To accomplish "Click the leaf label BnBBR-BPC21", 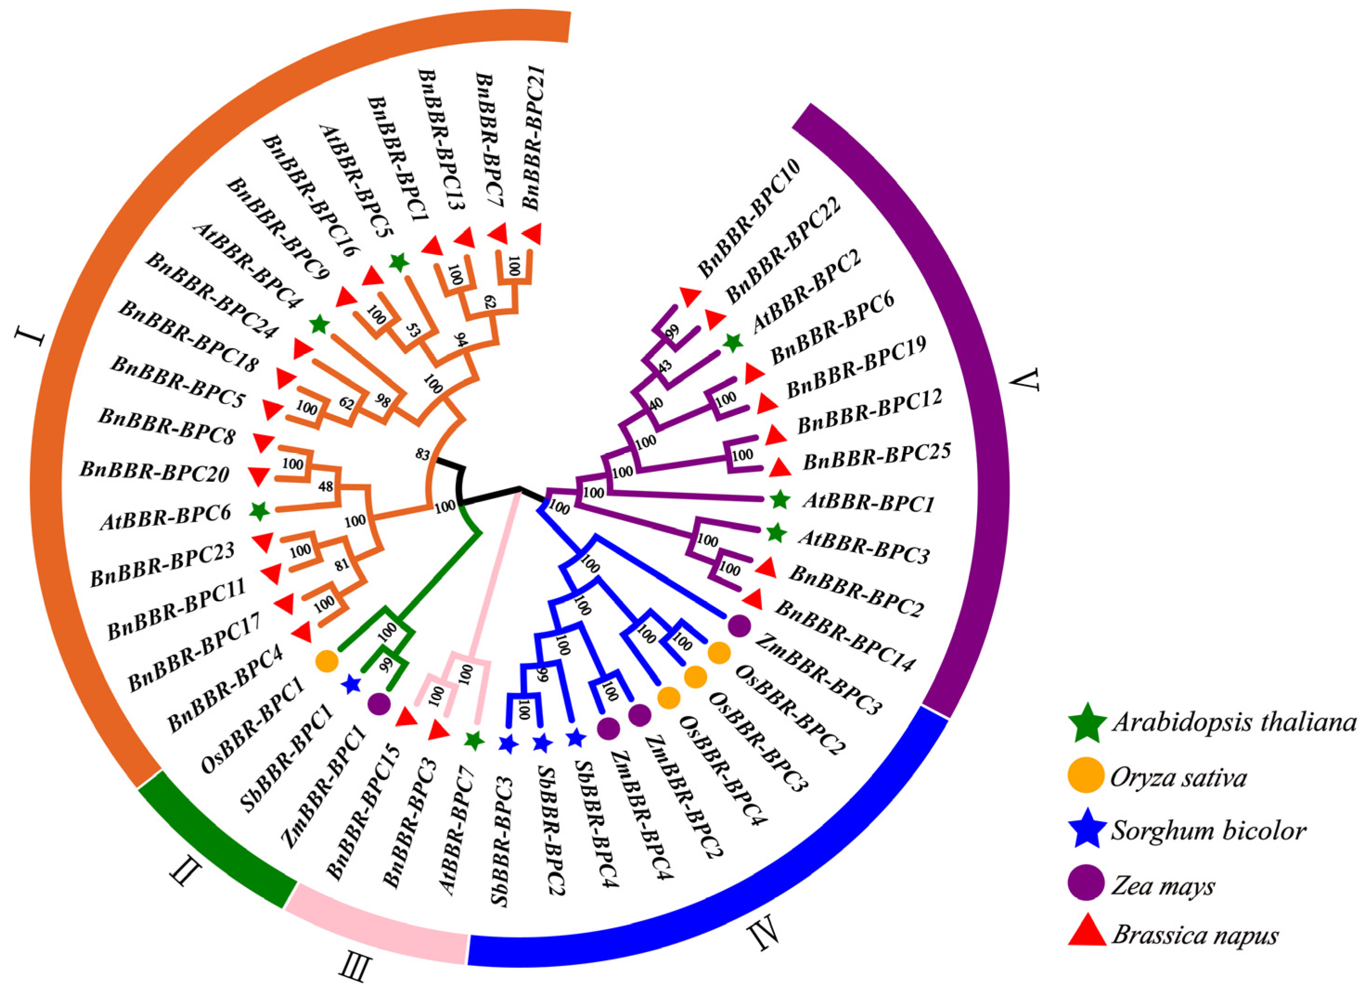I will pyautogui.click(x=536, y=138).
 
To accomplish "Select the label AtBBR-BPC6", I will pyautogui.click(x=166, y=517).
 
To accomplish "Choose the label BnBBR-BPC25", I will pyautogui.click(x=876, y=457).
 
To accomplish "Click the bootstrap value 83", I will pyautogui.click(x=422, y=453).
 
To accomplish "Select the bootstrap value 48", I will pyautogui.click(x=325, y=486).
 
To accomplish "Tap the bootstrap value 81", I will pyautogui.click(x=342, y=566).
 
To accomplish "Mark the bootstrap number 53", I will pyautogui.click(x=413, y=329).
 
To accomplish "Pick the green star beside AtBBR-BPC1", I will pyautogui.click(x=780, y=499).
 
